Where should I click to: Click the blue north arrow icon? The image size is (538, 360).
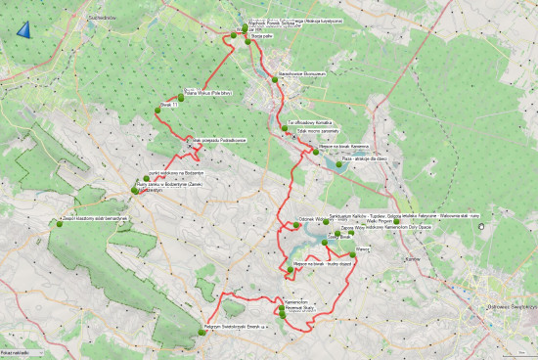point(22,30)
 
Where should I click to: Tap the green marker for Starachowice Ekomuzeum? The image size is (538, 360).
point(276,80)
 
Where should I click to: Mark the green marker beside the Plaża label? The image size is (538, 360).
point(338,163)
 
